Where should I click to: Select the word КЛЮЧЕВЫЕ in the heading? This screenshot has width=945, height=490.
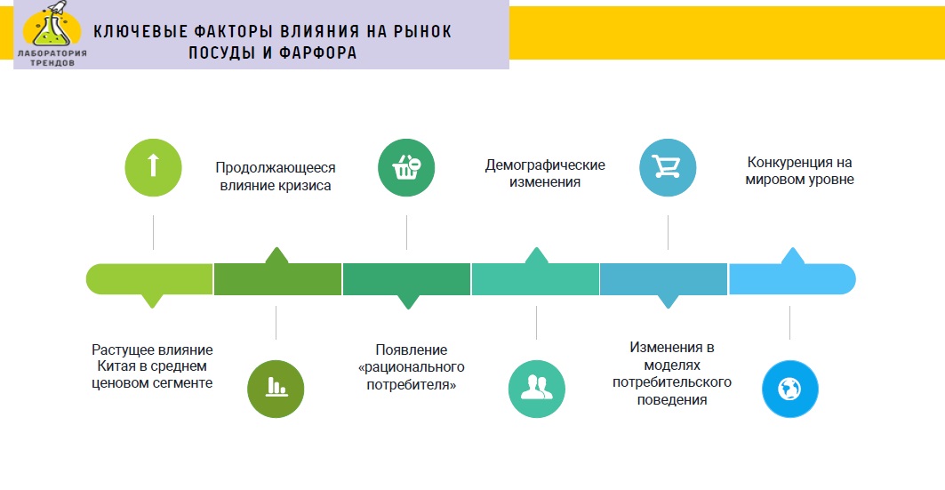[x=140, y=32]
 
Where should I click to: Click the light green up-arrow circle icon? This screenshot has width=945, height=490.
[x=153, y=167]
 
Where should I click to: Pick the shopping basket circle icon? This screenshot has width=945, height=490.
[x=406, y=167]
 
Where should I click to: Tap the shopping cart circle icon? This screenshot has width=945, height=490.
[x=668, y=167]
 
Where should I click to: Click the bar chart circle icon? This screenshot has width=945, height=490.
[x=276, y=389]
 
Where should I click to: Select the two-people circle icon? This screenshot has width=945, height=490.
[x=536, y=389]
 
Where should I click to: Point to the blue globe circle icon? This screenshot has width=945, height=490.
[x=790, y=389]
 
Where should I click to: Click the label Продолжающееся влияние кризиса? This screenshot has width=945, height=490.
[x=276, y=177]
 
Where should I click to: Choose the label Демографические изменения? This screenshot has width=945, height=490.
[x=545, y=173]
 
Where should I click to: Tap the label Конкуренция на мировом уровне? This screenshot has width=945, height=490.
[x=799, y=171]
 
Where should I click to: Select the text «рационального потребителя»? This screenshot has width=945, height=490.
[x=412, y=375]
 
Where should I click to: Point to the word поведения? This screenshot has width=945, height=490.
[x=672, y=399]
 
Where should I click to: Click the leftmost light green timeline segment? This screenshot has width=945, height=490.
[x=149, y=279]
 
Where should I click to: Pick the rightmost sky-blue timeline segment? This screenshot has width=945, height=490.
[x=792, y=278]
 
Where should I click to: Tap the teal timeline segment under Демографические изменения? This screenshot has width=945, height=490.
[x=536, y=278]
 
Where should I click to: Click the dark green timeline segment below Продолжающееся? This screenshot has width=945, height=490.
[x=278, y=278]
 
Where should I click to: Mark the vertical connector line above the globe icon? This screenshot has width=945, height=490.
[x=790, y=323]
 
